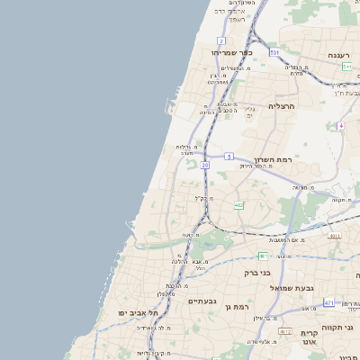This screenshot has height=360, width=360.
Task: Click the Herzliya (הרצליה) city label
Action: click(x=282, y=105)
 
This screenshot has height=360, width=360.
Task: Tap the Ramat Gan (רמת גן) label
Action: click(x=237, y=306)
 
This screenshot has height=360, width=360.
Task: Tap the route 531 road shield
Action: click(x=274, y=53)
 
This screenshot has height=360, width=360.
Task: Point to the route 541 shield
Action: click(x=346, y=67)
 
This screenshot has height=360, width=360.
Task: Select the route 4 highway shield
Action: click(x=341, y=125)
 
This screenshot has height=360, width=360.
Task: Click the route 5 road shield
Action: click(x=229, y=156)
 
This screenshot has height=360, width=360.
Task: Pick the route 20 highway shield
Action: click(x=205, y=166)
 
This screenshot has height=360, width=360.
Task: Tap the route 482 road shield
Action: click(x=238, y=206)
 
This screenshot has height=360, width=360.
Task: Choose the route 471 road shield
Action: click(x=328, y=302)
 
